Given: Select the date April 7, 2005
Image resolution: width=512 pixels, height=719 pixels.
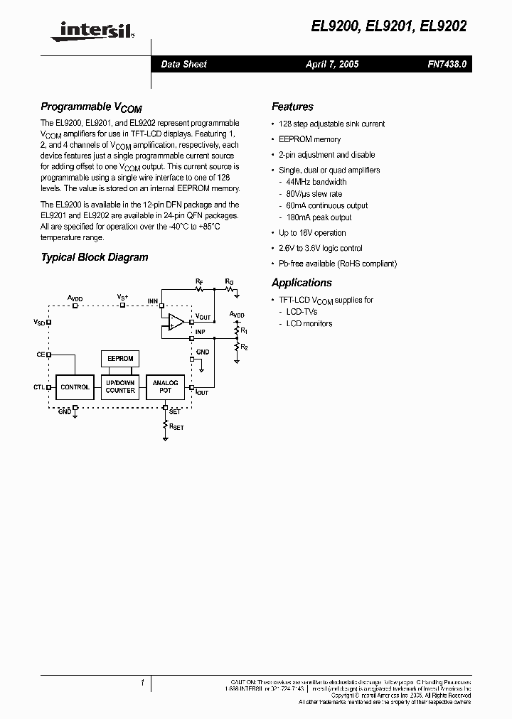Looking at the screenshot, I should (x=332, y=64).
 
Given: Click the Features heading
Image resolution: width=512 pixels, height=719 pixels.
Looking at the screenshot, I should (x=292, y=107).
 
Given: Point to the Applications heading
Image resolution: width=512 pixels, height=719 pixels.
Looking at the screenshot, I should (x=302, y=283).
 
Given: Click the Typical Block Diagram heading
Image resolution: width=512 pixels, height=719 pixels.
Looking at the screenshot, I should (x=95, y=257).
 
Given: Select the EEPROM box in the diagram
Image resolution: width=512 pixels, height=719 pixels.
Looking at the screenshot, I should (x=120, y=359).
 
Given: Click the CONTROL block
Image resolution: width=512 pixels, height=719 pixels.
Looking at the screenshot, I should (x=75, y=387).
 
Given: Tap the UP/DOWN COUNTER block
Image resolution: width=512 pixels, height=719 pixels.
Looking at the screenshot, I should (x=120, y=387).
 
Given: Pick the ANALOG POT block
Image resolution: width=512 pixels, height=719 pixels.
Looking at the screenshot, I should (x=165, y=387).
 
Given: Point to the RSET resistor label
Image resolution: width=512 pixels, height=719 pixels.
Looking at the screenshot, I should (x=176, y=426).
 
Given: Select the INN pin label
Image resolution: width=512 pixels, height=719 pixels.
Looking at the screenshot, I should (x=152, y=301).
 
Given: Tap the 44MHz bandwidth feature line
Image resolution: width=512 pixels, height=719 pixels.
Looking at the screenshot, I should (x=316, y=182).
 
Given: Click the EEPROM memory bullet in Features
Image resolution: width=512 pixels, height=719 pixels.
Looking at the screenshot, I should (x=309, y=139).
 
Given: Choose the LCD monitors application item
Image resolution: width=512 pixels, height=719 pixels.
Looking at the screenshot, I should (x=309, y=323).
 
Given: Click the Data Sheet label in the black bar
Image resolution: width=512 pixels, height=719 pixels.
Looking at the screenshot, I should (x=183, y=64).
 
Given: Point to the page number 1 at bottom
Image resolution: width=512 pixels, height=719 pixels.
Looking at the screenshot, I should (x=143, y=683).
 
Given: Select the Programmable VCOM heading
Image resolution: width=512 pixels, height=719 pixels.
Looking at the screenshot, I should (x=91, y=107).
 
